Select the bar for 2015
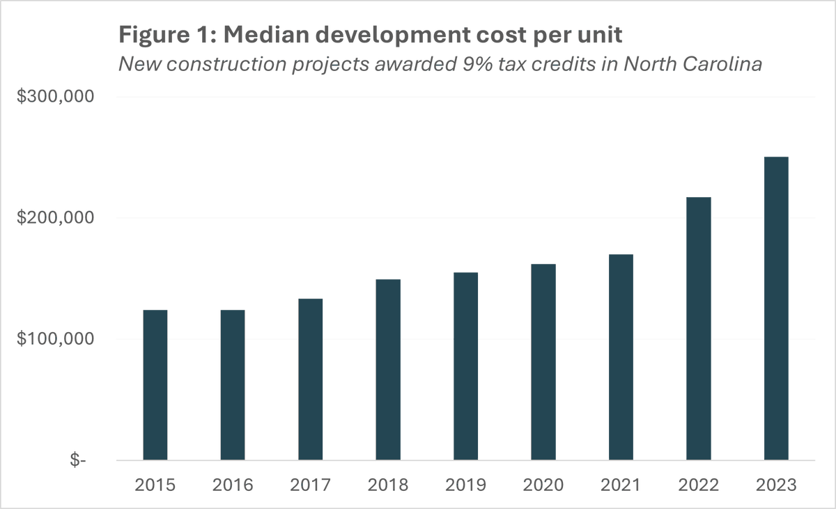(x=155, y=384)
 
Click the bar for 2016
(x=233, y=384)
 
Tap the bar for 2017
(x=310, y=379)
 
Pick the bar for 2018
(x=388, y=369)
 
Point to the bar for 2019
(x=465, y=366)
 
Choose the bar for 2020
(x=543, y=362)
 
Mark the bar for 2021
(x=621, y=357)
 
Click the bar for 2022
(x=699, y=329)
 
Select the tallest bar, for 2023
(x=776, y=308)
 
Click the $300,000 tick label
(x=55, y=97)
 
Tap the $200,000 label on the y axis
(x=55, y=219)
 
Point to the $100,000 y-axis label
(x=55, y=340)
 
